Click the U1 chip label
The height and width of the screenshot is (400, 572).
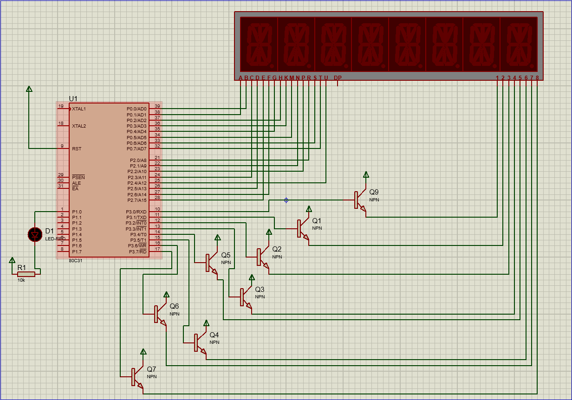[x=73, y=98]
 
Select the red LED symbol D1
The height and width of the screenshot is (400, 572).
[x=35, y=234]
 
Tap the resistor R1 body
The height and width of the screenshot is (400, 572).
[x=26, y=274]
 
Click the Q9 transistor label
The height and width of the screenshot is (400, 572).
[x=374, y=192]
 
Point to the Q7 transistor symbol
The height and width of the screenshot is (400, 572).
[x=136, y=376]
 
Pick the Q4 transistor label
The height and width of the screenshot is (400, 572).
[x=214, y=335]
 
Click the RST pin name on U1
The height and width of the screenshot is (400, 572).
[x=77, y=149]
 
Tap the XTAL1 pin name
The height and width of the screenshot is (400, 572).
[x=79, y=109]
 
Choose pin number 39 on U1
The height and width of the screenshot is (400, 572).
[x=157, y=106]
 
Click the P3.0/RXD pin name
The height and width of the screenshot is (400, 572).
[x=136, y=212]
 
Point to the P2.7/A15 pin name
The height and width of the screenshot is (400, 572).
[x=136, y=200]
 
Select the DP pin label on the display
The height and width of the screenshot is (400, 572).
[x=338, y=77]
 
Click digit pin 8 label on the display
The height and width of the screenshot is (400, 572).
[x=537, y=77]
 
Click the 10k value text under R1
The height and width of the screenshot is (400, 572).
[x=21, y=280]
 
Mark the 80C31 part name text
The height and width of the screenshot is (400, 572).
[x=76, y=260]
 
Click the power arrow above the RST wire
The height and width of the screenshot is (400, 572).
[x=29, y=89]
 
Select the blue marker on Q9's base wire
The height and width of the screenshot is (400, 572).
[x=286, y=200]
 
